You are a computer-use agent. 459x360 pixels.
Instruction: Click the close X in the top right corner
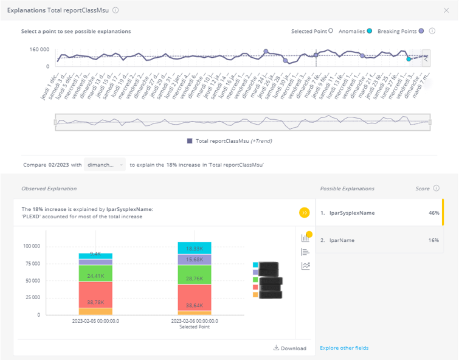click(447, 10)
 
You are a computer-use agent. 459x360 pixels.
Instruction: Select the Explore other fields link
click(344, 348)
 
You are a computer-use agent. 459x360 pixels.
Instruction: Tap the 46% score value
click(433, 213)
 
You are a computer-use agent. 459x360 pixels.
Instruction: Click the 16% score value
click(433, 240)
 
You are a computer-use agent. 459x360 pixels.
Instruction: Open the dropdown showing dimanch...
click(105, 165)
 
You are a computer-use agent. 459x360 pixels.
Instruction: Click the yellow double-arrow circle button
click(304, 213)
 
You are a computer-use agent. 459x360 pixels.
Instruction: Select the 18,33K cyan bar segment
click(195, 248)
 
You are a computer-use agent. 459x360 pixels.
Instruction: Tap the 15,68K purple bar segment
click(195, 260)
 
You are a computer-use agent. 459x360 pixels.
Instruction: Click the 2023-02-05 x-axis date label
click(95, 320)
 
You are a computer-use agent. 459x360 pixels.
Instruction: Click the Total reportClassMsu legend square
click(190, 141)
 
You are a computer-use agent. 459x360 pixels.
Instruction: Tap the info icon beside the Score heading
click(437, 189)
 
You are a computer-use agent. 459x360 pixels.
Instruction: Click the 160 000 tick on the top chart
click(39, 49)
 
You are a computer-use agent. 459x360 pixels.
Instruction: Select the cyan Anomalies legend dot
click(369, 31)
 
